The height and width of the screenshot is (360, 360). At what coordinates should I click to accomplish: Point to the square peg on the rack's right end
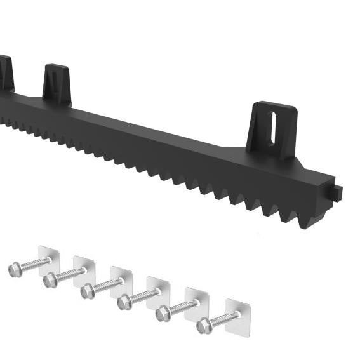(337, 190)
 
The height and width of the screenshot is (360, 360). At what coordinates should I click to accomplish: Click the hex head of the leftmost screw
(15, 270)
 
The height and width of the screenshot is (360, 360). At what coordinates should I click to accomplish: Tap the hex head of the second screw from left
(50, 280)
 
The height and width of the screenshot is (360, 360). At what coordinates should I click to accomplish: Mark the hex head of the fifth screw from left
(163, 313)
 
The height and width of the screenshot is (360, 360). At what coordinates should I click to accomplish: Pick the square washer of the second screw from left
(84, 267)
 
